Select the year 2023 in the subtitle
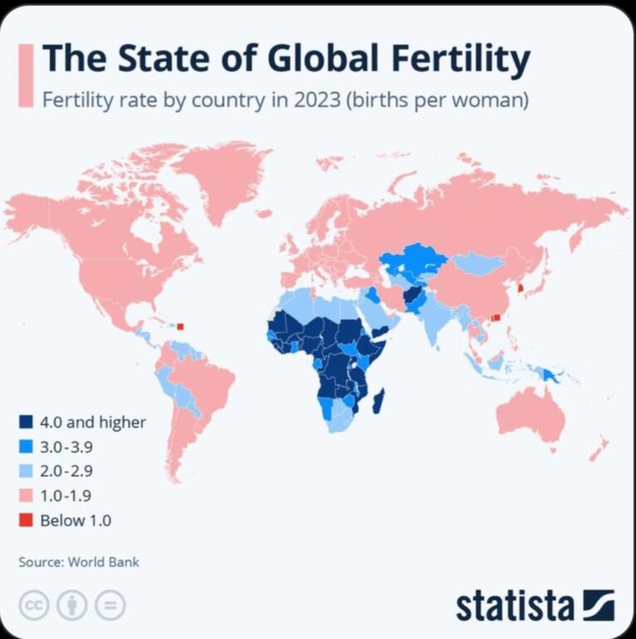point(317,100)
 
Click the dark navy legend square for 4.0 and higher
point(26,422)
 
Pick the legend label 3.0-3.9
point(66,447)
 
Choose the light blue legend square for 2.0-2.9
point(26,471)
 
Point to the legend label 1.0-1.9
point(66,496)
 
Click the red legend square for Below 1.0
point(26,520)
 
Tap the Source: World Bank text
point(79,562)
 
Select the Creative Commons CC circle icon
point(34,605)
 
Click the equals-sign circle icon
point(110,605)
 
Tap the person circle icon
point(72,605)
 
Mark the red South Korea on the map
point(521,288)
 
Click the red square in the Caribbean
point(180,326)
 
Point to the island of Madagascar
point(379,401)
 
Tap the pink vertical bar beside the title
point(26,76)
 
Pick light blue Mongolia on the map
point(477,263)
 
